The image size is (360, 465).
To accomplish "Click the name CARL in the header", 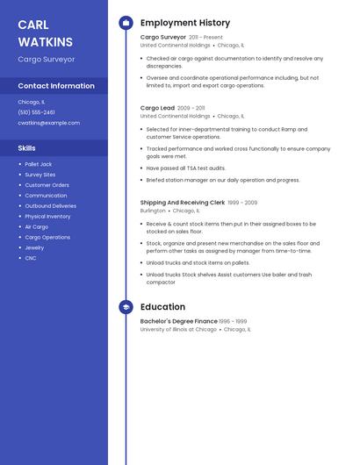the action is tap(33, 25).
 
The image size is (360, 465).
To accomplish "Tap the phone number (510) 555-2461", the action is tap(36, 112).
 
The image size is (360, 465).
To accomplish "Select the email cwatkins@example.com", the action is tap(48, 123).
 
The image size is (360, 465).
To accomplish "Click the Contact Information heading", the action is tap(56, 86).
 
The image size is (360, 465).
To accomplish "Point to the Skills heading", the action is tap(27, 148).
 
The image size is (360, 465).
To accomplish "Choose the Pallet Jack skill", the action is tap(39, 164).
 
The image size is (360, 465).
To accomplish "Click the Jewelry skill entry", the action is tap(34, 247).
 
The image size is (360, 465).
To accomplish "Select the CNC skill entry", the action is tap(31, 258).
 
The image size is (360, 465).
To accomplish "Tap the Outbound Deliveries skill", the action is tap(50, 206).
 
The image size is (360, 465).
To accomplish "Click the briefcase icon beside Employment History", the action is tap(126, 23).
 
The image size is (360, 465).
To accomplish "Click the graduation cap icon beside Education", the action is tap(126, 307).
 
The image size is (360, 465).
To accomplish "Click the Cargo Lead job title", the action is tap(157, 108).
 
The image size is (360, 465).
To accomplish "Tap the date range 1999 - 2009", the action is tap(242, 203).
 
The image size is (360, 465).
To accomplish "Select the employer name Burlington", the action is tap(153, 211).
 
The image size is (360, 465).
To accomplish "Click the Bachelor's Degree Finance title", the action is tap(178, 321).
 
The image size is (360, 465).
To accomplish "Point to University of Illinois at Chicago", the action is tap(178, 330).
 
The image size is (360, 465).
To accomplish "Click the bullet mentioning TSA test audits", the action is tap(185, 168).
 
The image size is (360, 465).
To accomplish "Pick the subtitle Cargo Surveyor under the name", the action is tap(47, 60).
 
